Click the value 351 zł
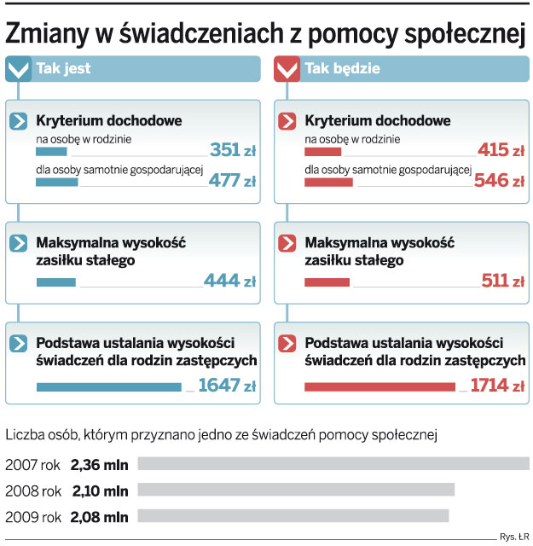pyautogui.click(x=232, y=151)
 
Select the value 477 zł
pyautogui.click(x=232, y=181)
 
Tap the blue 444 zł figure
pyautogui.click(x=229, y=282)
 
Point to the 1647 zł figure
pyautogui.click(x=226, y=386)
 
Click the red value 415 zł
pyautogui.click(x=501, y=151)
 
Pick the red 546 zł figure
pyautogui.click(x=501, y=181)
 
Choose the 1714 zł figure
pyautogui.click(x=496, y=386)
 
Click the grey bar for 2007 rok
pyautogui.click(x=333, y=464)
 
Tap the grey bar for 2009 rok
pyautogui.click(x=293, y=516)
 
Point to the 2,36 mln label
pyautogui.click(x=99, y=464)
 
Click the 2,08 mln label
pyautogui.click(x=99, y=516)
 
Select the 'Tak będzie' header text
pyautogui.click(x=342, y=69)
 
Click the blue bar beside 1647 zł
pyautogui.click(x=108, y=387)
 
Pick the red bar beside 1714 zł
pyautogui.click(x=385, y=387)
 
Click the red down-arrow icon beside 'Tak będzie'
pyautogui.click(x=287, y=69)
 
